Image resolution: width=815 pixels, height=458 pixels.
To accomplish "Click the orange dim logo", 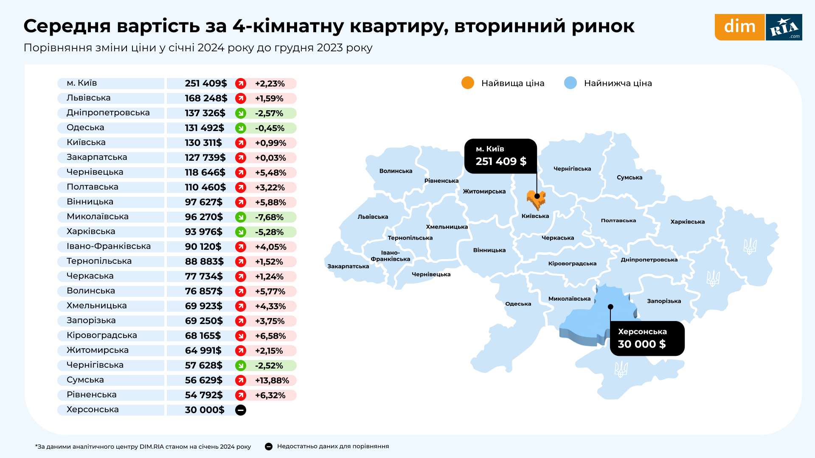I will click(x=739, y=27).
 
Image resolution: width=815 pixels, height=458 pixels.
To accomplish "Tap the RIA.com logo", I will click(x=784, y=27).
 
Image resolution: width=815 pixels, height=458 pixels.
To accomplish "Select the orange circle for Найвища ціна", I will click(x=467, y=83).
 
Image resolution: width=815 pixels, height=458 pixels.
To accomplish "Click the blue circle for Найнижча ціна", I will click(x=570, y=83).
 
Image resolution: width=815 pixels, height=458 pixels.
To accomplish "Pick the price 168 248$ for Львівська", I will click(x=206, y=98).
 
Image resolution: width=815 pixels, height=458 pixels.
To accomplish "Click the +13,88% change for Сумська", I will click(x=272, y=380).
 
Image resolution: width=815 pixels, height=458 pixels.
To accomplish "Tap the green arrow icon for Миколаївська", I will click(x=241, y=217).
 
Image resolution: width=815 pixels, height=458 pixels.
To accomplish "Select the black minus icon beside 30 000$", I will click(x=241, y=410).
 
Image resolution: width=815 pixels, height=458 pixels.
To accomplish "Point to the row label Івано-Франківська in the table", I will click(x=109, y=246).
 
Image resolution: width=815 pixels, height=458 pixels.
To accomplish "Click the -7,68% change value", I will click(x=269, y=217).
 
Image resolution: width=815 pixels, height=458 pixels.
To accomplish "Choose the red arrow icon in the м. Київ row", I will click(x=241, y=84).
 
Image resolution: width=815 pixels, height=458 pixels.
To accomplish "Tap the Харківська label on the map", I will click(x=687, y=222).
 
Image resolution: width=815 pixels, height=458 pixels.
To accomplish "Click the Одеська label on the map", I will click(x=518, y=304).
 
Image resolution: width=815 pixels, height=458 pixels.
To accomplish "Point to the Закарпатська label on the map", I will click(x=348, y=266).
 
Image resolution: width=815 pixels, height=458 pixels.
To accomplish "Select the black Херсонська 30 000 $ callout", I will click(x=647, y=338).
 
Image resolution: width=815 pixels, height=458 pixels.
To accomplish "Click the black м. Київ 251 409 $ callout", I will click(x=500, y=156).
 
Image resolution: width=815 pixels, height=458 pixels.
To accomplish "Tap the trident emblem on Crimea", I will click(x=621, y=369).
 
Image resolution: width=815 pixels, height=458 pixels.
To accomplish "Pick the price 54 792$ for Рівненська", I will click(x=204, y=395).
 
